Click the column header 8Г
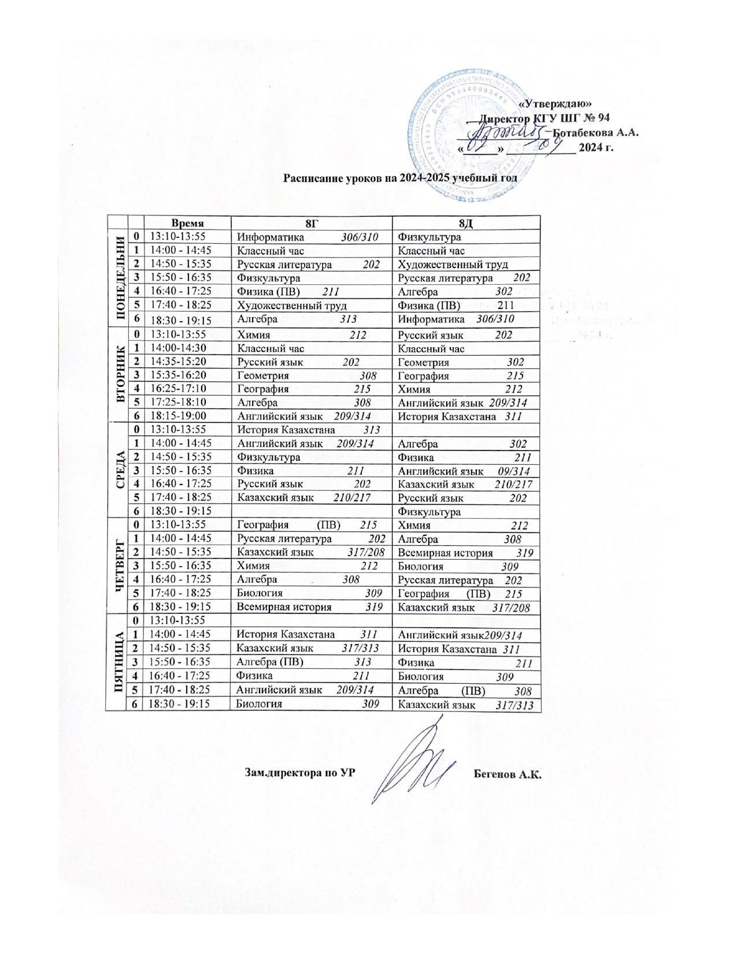[x=311, y=223]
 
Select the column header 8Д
[x=466, y=223]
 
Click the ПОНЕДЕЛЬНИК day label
[x=121, y=278]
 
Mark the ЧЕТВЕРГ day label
[x=121, y=565]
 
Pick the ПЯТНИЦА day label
[x=121, y=662]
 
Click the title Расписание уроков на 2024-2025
[x=399, y=177]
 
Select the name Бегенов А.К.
[x=508, y=773]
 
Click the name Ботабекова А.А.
[x=596, y=132]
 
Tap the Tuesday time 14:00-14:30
[x=178, y=348]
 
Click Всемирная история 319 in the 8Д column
[x=466, y=553]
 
